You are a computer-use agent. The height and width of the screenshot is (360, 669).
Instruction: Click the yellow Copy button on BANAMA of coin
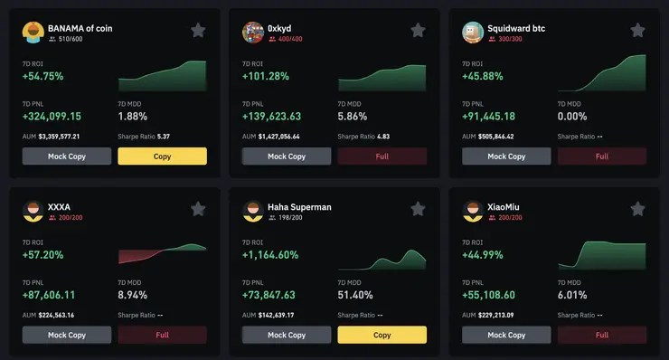tap(162, 156)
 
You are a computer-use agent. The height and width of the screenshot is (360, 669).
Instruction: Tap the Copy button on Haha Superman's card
tap(382, 335)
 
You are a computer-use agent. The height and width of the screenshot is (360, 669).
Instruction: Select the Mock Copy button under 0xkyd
tap(286, 156)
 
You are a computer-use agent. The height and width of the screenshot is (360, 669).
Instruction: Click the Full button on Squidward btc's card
tap(601, 156)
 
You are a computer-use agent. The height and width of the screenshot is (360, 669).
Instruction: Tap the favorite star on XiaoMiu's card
tap(637, 209)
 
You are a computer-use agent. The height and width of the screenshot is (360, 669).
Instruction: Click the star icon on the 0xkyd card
tap(418, 31)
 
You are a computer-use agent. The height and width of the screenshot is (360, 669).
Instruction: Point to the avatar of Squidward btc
tap(473, 33)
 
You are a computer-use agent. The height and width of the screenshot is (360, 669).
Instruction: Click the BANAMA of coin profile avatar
tap(33, 33)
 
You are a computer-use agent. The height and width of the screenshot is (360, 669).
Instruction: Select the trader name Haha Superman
tap(299, 207)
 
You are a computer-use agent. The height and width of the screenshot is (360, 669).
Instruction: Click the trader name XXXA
tap(59, 207)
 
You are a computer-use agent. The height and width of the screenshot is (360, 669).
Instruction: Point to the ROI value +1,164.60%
tap(270, 255)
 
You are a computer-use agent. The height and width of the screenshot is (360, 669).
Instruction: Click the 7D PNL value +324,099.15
tap(52, 117)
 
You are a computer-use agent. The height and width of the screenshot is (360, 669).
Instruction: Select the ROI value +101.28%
tap(266, 77)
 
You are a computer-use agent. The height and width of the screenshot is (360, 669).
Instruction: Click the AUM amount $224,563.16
tap(56, 315)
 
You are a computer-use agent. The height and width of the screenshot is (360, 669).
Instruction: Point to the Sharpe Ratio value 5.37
tap(164, 137)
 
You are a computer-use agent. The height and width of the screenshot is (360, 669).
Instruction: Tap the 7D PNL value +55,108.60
tap(488, 295)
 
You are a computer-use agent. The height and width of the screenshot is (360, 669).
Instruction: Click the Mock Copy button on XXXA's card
tap(66, 335)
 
